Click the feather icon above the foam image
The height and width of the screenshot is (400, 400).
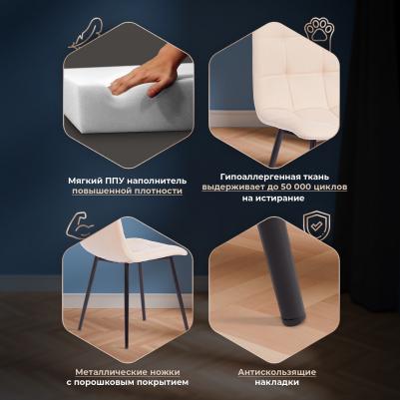point(85,33)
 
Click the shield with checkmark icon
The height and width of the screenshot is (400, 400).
point(316,225)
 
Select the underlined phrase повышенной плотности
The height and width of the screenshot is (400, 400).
point(128,192)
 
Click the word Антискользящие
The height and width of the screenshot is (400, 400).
point(277,372)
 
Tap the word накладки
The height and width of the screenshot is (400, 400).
point(277,382)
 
